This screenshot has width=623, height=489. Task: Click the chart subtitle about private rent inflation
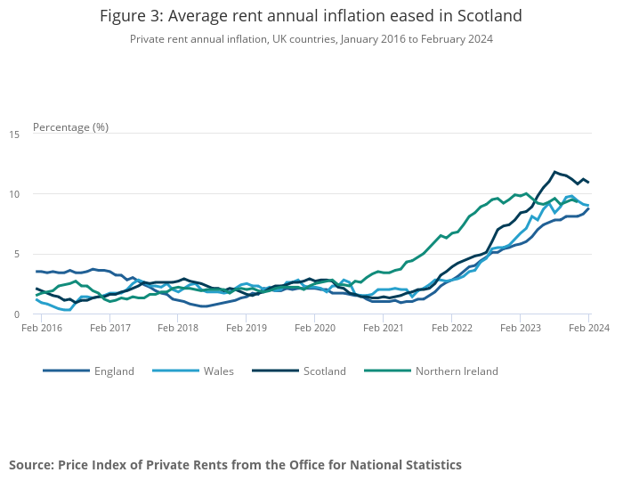pos(311,39)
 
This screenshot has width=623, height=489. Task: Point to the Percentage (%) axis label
pos(70,126)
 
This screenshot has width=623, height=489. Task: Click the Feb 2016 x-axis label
pos(41,328)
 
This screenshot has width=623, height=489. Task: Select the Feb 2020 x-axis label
pos(315,328)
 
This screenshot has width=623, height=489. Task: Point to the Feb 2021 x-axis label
pos(384,328)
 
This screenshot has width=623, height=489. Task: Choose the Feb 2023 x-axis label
pos(520,328)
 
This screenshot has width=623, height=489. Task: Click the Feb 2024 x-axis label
pos(588,328)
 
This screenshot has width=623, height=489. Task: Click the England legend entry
pos(114,371)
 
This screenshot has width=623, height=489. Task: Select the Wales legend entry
pos(217,371)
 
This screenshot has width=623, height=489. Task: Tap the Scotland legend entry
pos(324,371)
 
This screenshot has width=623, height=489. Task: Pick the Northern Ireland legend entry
pos(456,371)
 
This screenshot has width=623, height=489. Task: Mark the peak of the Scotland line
pos(555,172)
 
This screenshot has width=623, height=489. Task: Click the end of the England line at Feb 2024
pos(588,208)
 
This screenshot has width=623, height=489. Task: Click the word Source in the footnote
pos(31,465)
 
